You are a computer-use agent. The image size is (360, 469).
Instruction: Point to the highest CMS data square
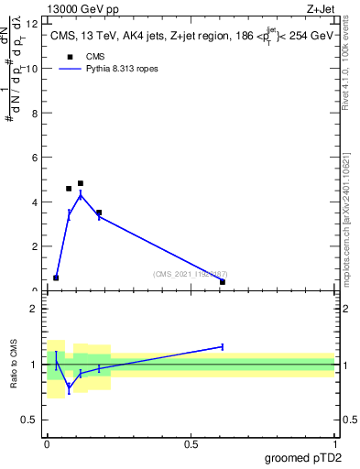pos(81,183)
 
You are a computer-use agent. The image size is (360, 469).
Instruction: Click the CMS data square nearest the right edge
pos(223,282)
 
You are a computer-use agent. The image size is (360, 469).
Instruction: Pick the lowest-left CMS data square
pos(56,278)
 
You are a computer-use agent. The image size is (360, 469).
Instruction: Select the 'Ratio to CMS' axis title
pos(14,364)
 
